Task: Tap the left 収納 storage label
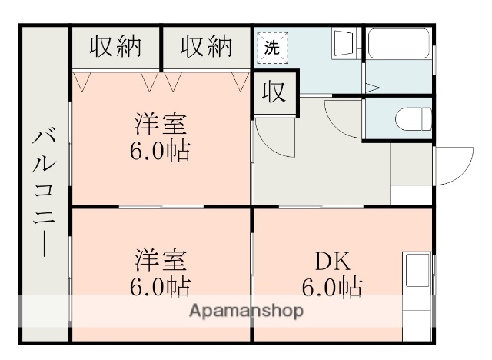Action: click(x=115, y=47)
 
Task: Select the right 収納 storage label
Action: click(x=206, y=47)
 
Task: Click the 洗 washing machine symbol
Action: click(x=272, y=45)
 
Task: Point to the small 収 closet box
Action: click(x=272, y=92)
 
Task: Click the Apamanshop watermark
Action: click(x=246, y=311)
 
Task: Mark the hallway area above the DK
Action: click(x=323, y=165)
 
